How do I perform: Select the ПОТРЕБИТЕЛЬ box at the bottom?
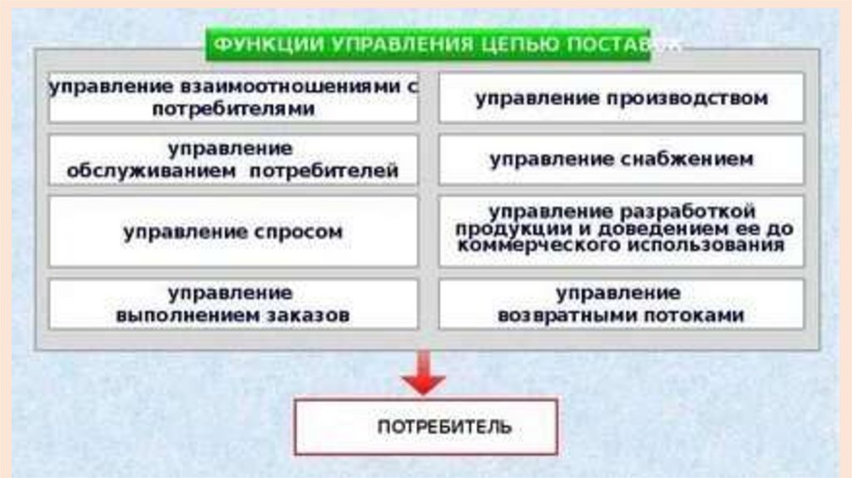pos(426,426)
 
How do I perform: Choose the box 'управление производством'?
pos(622,98)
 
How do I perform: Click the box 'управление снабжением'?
pos(622,159)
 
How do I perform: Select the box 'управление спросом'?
pos(233,232)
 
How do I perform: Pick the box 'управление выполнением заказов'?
pos(233,304)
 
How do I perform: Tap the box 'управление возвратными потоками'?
pos(622,304)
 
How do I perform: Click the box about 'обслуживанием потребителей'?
pos(233,159)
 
